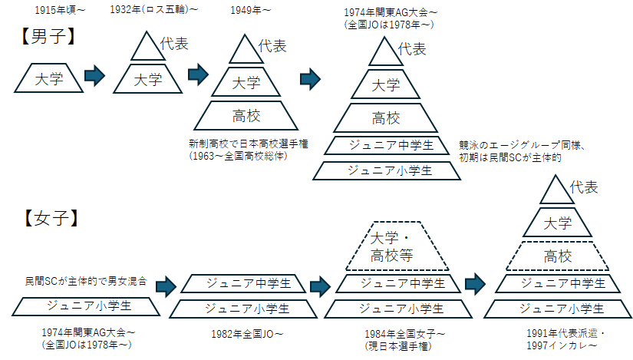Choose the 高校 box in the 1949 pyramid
click(246, 116)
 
